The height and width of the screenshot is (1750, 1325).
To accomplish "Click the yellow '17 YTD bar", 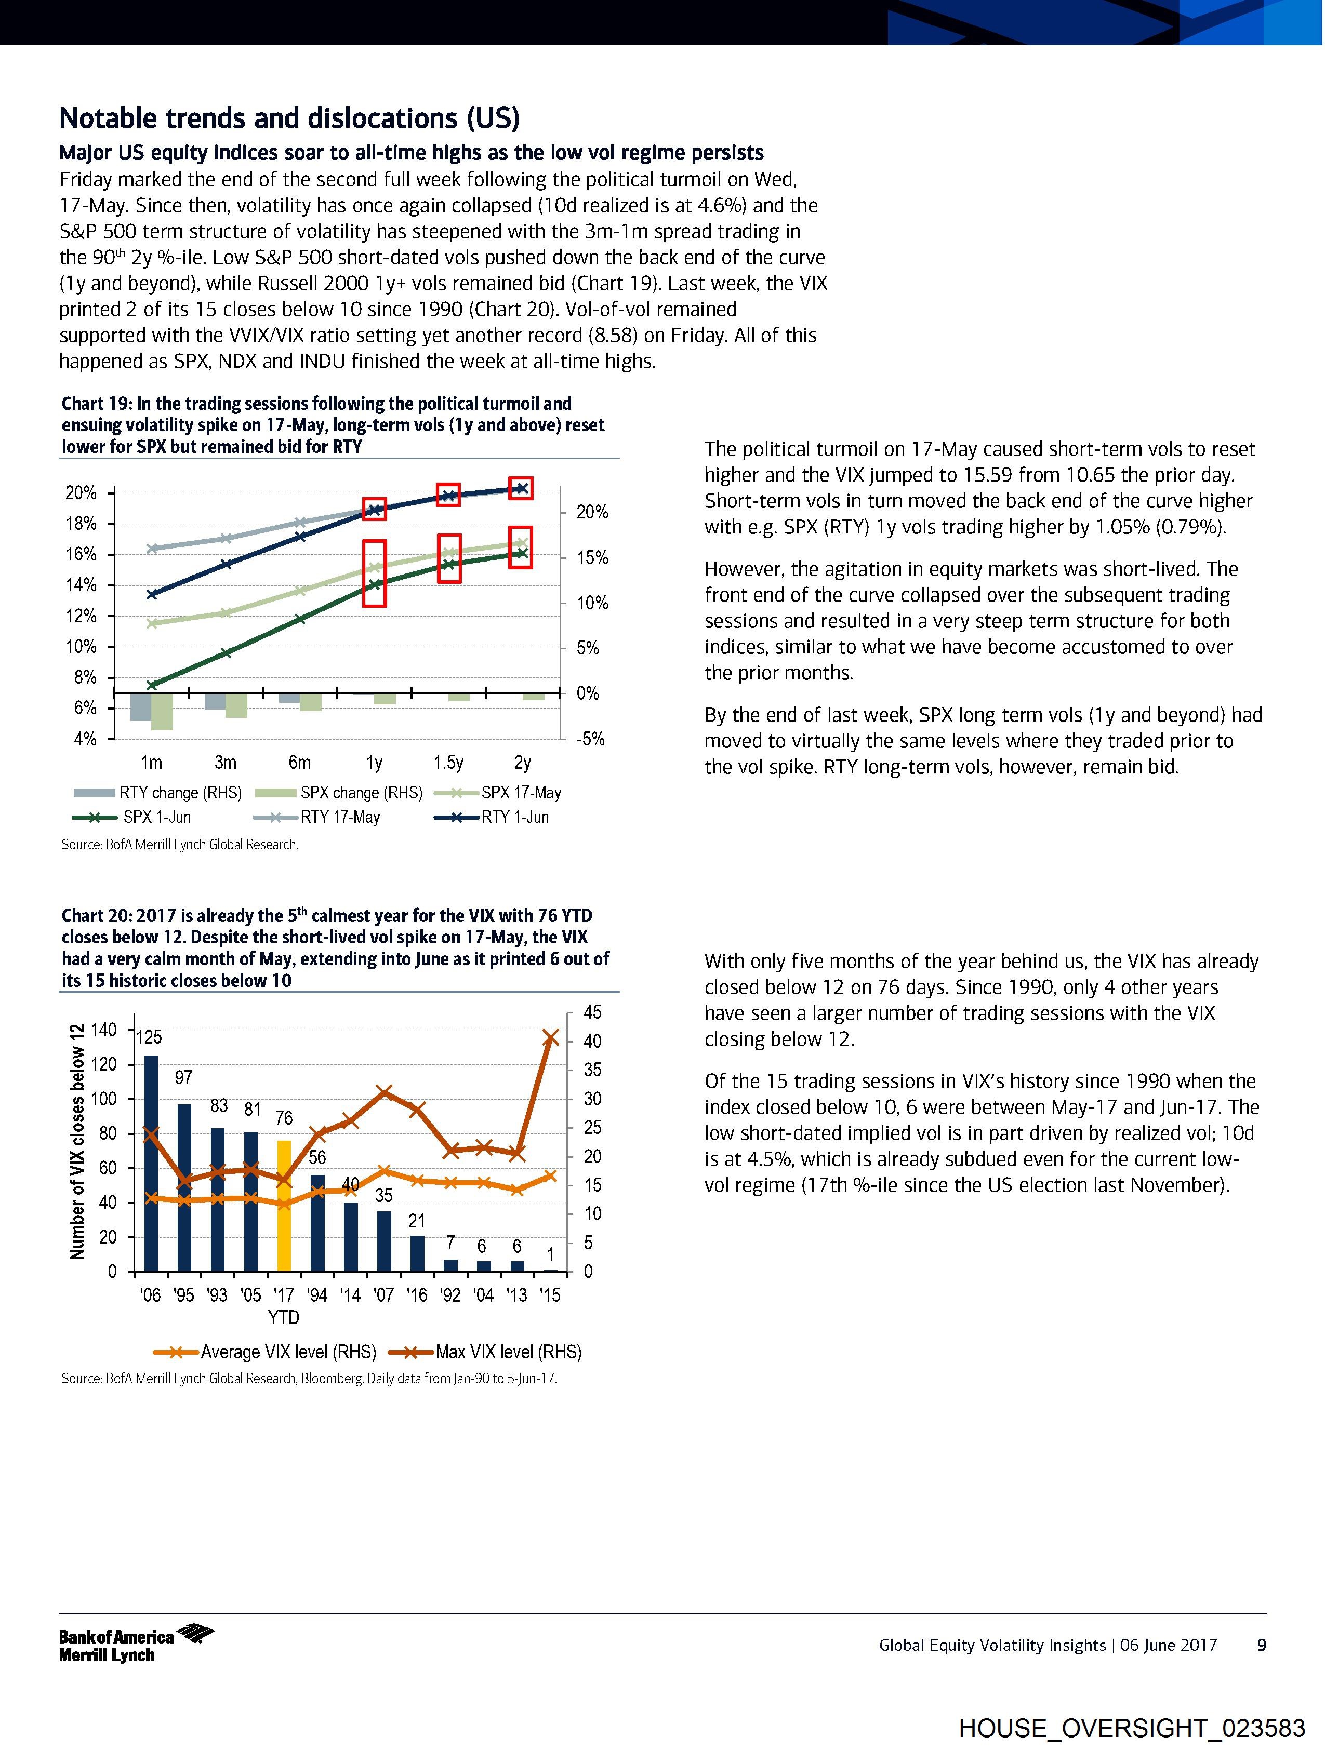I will pos(283,1204).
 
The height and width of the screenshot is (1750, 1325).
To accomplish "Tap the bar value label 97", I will pos(183,1077).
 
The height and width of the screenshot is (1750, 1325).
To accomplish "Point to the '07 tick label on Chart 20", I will pos(384,1295).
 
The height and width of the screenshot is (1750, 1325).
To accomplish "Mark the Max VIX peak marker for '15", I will pos(552,1038).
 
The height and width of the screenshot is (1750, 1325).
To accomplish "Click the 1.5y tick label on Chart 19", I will pos(448,763).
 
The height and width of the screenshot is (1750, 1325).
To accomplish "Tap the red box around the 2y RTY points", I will pos(521,488).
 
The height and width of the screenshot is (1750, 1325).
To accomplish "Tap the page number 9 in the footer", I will pos(1262,1646).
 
